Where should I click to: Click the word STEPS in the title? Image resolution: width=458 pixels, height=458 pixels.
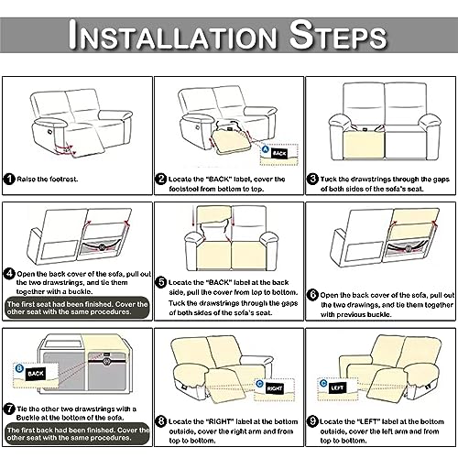click(338, 34)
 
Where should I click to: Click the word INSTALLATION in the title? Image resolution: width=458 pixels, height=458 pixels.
click(172, 34)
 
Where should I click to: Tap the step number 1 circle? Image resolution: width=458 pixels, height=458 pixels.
click(9, 179)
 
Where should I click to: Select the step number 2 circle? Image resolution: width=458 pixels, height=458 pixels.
click(160, 179)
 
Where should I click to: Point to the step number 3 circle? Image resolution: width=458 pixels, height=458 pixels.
click(312, 179)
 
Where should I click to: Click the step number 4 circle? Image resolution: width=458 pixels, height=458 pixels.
click(9, 273)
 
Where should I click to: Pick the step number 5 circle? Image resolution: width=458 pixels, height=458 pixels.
click(161, 282)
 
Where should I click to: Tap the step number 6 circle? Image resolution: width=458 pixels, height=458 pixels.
click(312, 295)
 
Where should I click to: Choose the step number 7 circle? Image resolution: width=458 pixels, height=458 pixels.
click(9, 409)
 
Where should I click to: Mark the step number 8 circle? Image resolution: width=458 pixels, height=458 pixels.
click(161, 421)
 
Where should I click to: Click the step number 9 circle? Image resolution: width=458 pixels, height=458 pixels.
click(312, 421)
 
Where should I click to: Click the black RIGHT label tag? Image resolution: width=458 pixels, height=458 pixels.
click(275, 388)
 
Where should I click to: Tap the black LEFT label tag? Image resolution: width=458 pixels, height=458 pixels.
click(337, 387)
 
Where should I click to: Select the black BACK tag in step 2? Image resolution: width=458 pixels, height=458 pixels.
click(279, 153)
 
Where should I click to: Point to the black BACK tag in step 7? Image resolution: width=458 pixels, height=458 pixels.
click(36, 374)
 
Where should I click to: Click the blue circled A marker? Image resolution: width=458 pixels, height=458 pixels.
click(266, 149)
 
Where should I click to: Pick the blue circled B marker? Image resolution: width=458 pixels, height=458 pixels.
click(19, 368)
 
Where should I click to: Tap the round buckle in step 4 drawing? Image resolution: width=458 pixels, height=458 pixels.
click(102, 246)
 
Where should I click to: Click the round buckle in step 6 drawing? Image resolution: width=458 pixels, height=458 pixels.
click(409, 248)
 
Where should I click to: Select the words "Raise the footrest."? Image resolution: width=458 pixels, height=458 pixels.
click(48, 180)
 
